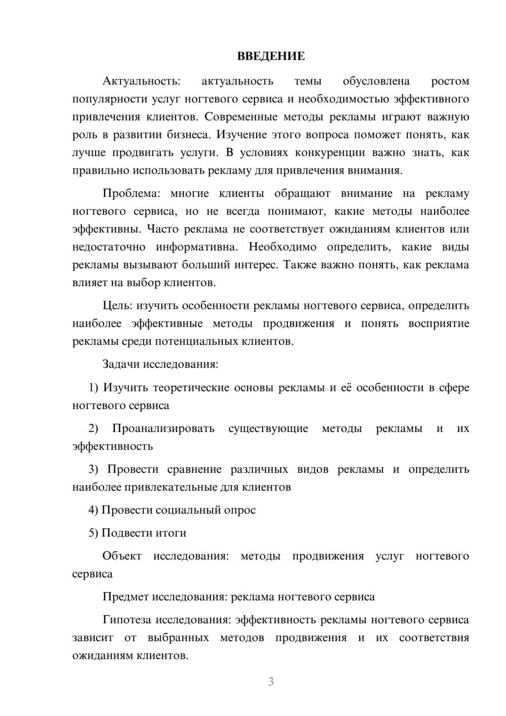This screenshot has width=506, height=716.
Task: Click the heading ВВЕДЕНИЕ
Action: click(x=271, y=56)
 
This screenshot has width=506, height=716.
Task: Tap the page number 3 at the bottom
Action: click(x=271, y=682)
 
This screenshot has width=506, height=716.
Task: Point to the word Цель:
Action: click(x=117, y=306)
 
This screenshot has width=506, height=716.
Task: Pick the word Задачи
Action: click(x=121, y=365)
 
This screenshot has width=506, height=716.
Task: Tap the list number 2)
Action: click(x=93, y=429)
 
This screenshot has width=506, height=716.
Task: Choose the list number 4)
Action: click(x=93, y=510)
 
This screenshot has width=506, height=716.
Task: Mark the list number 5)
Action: click(x=93, y=533)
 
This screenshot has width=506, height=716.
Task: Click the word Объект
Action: click(x=122, y=556)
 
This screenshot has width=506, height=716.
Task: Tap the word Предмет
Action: click(x=125, y=597)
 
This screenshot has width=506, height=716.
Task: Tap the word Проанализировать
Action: click(x=163, y=429)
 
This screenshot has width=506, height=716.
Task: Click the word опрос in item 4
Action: click(x=239, y=510)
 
